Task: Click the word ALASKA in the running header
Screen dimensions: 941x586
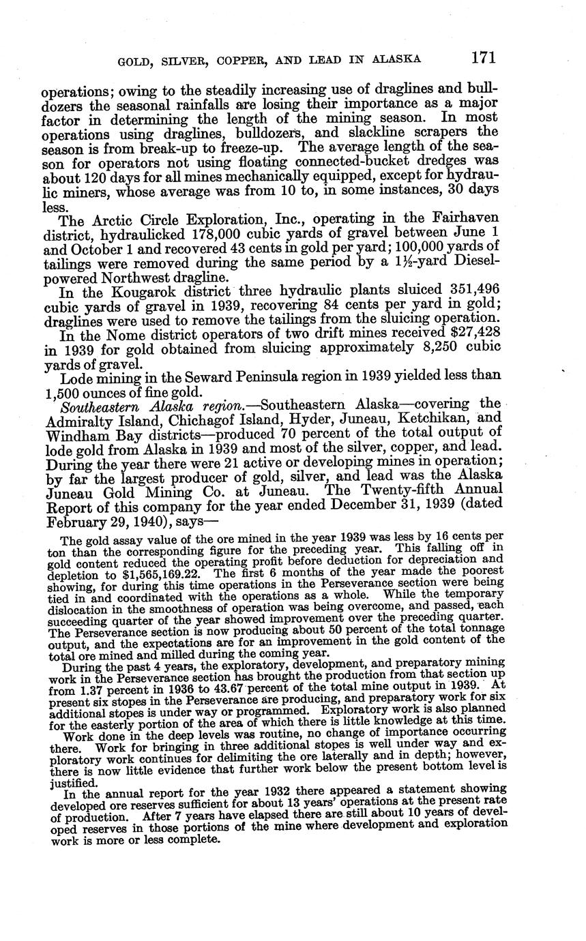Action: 396,59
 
